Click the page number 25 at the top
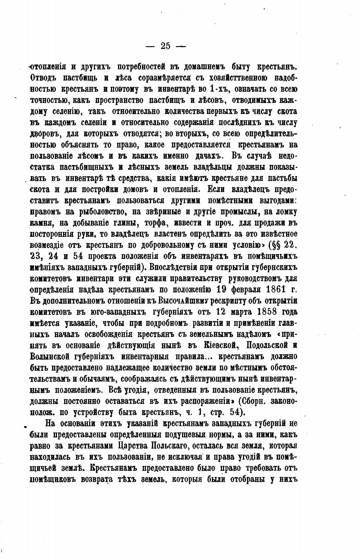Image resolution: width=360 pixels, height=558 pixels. tap(165, 46)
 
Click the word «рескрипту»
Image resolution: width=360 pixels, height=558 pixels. tap(221, 300)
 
